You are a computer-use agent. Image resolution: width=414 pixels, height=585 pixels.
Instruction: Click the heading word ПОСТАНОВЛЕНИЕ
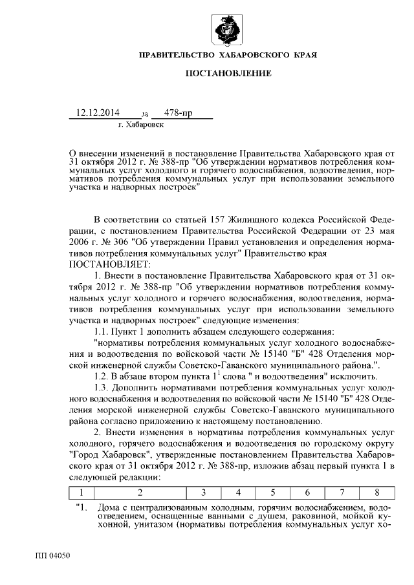tap(228, 74)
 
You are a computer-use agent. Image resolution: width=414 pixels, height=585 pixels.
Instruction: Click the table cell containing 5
tap(273, 492)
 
